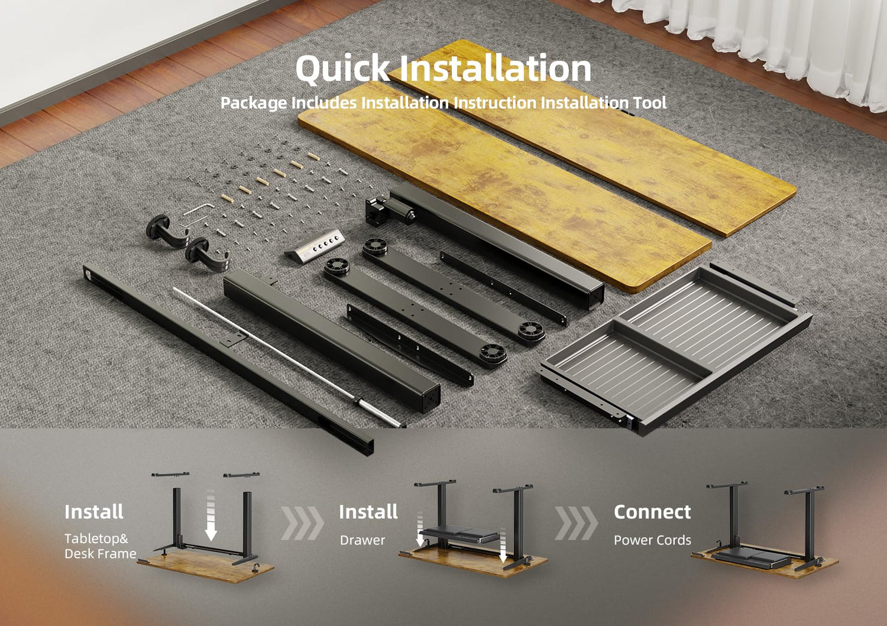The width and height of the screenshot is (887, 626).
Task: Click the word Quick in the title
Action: (342, 69)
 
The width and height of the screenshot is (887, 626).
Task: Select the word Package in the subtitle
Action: (254, 103)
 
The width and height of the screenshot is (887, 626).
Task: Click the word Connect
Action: (652, 512)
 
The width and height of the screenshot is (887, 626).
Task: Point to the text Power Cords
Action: (652, 540)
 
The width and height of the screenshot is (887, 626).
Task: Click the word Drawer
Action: (362, 540)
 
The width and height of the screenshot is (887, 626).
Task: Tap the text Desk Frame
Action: (100, 553)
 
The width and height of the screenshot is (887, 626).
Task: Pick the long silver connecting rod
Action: (287, 357)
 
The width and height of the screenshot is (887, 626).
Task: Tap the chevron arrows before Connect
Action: (576, 523)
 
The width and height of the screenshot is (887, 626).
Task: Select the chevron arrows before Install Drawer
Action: (302, 523)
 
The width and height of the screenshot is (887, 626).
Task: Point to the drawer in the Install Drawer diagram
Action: (459, 534)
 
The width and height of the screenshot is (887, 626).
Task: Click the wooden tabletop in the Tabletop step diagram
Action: (206, 567)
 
